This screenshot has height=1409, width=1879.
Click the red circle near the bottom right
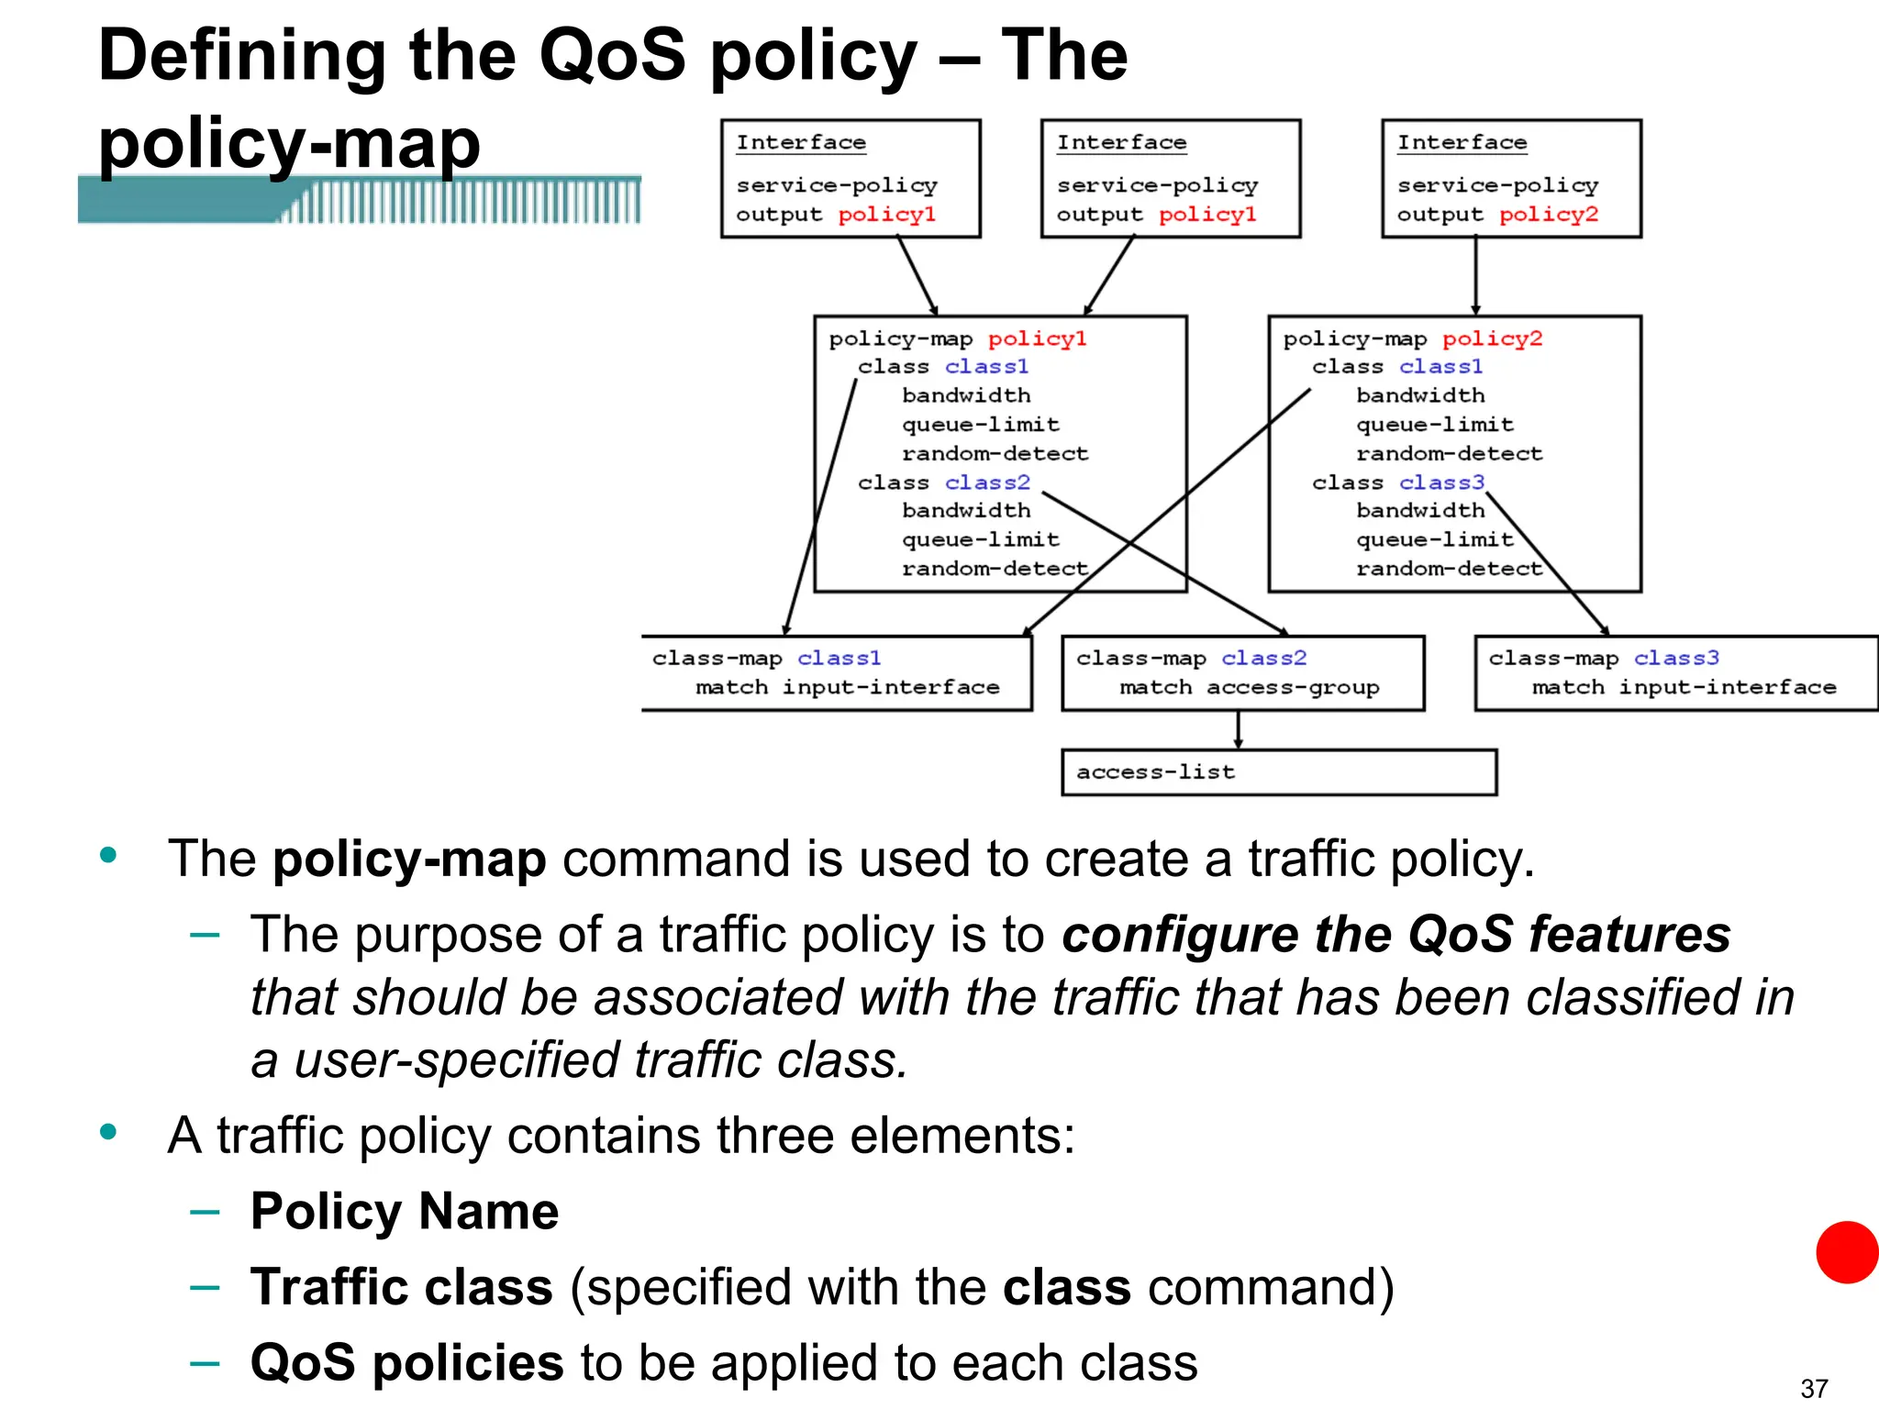[1847, 1252]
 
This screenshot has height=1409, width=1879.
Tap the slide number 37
[1814, 1388]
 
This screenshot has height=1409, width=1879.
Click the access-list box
[1278, 772]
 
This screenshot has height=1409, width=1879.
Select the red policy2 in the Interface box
[1549, 215]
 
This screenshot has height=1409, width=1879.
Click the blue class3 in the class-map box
[1676, 658]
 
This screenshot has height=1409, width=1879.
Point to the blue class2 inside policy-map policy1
[987, 483]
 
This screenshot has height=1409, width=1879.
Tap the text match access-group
[1249, 687]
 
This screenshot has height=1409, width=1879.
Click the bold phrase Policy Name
[405, 1211]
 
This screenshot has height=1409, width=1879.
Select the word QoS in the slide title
[612, 55]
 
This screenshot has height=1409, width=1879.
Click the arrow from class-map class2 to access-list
[1238, 730]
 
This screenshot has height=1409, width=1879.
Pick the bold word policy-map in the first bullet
[409, 860]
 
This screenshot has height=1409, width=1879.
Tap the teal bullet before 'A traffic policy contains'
[108, 1131]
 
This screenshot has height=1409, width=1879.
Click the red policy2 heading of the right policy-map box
[1492, 338]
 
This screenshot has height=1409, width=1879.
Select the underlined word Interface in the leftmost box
[801, 143]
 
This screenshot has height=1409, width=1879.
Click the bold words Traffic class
[402, 1287]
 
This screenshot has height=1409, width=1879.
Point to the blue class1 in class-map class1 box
[839, 658]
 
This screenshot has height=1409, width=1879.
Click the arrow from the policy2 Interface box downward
[1475, 276]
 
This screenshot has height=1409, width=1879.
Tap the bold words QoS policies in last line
[406, 1362]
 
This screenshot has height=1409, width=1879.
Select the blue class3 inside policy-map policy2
[1440, 483]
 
